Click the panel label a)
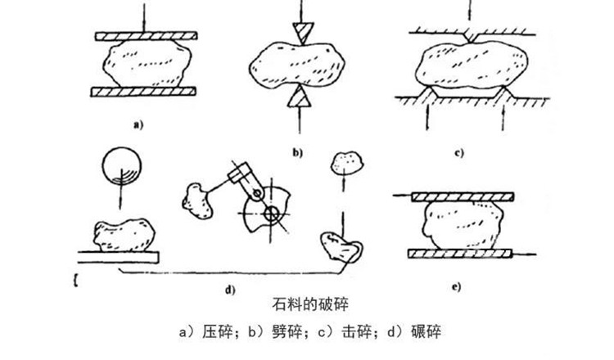tap(138, 125)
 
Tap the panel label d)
tap(230, 288)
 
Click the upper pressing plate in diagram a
tap(145, 38)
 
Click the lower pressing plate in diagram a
tap(145, 91)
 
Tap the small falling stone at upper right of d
tap(345, 164)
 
